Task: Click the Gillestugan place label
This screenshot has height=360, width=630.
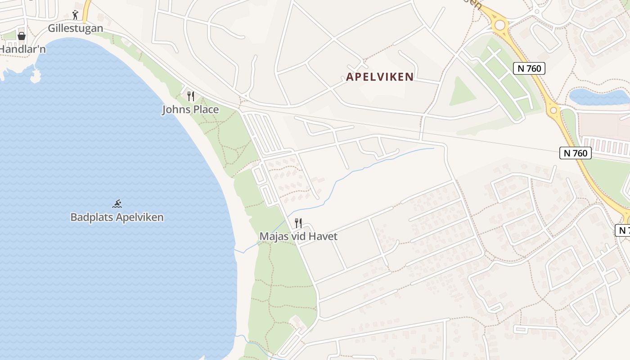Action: pos(76,28)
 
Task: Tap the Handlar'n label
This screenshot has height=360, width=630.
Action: pos(22,49)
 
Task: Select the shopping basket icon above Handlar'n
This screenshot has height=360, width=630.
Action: pos(21,36)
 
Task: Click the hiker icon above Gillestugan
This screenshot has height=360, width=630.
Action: pos(75,15)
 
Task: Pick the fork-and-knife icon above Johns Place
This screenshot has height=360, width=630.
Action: pos(191,96)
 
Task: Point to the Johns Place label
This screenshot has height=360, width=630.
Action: pos(190,109)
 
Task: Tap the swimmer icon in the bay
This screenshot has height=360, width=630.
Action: pos(117,204)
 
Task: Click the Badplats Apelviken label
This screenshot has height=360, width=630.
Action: pos(117,217)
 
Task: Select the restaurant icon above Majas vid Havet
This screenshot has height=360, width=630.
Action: pos(298,223)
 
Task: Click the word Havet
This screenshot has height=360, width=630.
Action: pos(323,236)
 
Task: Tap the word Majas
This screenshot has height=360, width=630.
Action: pos(274,236)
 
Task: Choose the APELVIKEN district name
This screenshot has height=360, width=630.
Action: pos(380,77)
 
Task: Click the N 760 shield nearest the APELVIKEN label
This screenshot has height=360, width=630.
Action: pos(529,68)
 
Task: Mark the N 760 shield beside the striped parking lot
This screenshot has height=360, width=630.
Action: pos(575,153)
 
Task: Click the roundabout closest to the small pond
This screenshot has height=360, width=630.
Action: pos(553,110)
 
